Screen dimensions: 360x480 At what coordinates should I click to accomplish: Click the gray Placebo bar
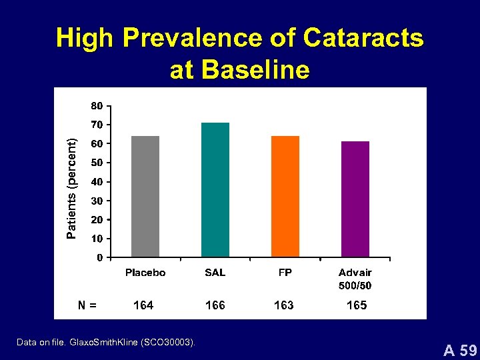click(x=145, y=196)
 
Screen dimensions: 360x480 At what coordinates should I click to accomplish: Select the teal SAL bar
click(x=215, y=189)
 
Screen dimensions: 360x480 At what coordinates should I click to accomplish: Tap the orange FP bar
click(x=285, y=196)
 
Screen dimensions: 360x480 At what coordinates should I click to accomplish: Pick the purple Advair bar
click(x=355, y=199)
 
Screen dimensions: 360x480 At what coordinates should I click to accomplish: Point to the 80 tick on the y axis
click(x=97, y=105)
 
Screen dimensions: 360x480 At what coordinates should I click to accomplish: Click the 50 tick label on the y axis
click(x=97, y=163)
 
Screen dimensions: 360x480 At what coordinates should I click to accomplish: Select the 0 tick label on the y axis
click(x=99, y=257)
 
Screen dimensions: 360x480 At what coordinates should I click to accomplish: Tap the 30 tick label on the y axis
click(x=97, y=201)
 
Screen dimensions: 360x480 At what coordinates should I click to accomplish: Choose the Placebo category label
click(x=145, y=273)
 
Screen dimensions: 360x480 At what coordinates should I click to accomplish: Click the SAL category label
click(x=215, y=273)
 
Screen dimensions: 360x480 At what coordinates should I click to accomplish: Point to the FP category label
click(x=285, y=273)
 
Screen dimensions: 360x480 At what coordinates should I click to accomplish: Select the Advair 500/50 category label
click(x=355, y=279)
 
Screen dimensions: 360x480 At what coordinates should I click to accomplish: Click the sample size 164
click(x=143, y=305)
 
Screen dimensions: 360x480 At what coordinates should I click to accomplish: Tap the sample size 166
click(x=215, y=305)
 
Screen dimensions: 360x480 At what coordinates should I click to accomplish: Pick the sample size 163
click(x=284, y=305)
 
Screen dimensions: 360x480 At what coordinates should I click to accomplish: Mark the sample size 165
click(x=357, y=305)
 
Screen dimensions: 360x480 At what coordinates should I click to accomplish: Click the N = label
click(x=87, y=305)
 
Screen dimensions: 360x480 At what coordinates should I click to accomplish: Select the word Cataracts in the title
click(x=363, y=39)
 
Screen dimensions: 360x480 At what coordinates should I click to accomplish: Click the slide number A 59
click(x=461, y=349)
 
